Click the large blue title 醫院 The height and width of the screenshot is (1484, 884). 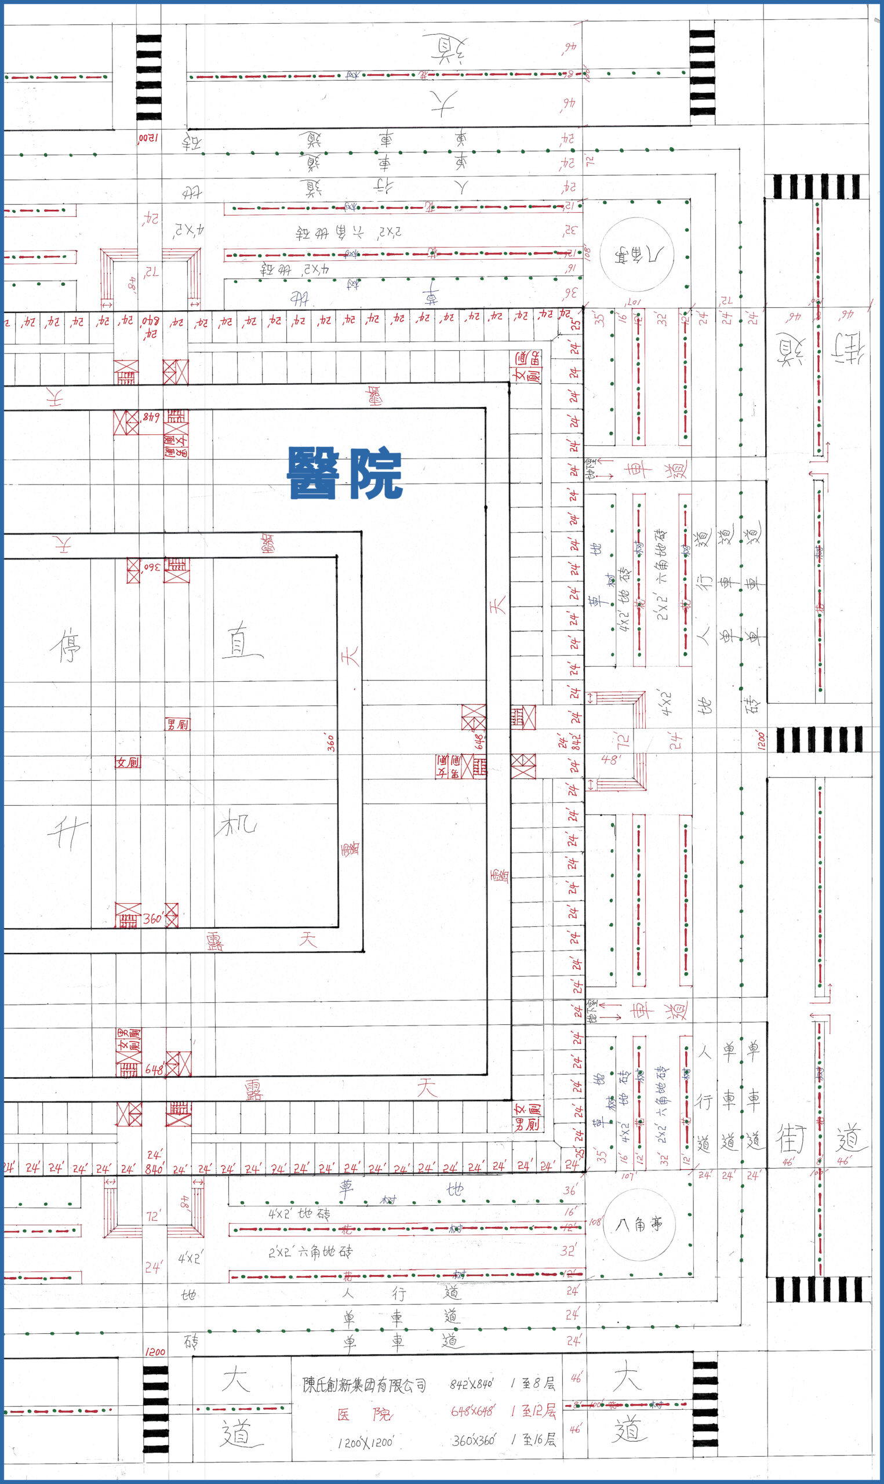coord(345,473)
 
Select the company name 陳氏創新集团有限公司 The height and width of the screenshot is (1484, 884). coord(364,1385)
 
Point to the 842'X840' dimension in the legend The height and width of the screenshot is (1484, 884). coord(471,1383)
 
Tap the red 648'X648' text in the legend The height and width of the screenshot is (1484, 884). coord(473,1412)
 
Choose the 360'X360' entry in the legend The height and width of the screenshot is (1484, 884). coord(474,1441)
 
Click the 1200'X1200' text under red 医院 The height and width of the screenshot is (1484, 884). coord(365,1443)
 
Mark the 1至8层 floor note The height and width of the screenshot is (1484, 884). coord(533,1383)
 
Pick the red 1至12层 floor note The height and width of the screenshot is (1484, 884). coord(533,1411)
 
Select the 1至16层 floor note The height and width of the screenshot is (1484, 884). coord(534,1440)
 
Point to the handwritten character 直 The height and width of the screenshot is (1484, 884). coord(241,641)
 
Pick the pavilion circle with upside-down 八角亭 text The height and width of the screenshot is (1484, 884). coord(637,254)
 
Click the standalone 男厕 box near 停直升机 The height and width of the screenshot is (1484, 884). coord(177,725)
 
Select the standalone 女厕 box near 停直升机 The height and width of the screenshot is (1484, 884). coord(128,762)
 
